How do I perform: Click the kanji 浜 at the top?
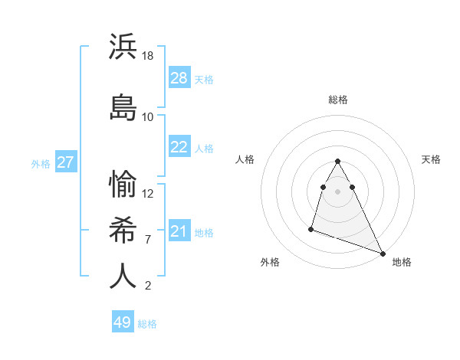tap(123, 46)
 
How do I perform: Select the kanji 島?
tap(123, 106)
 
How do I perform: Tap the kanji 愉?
tap(123, 183)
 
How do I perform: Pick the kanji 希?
tap(123, 229)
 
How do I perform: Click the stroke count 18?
tap(148, 57)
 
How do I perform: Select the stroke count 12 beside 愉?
tap(148, 194)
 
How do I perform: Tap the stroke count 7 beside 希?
tap(148, 240)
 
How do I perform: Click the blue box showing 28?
tap(179, 78)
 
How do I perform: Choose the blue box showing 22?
tap(179, 147)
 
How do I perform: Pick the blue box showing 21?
tap(179, 232)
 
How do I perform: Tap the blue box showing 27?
tap(66, 162)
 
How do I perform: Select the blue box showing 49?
tap(123, 322)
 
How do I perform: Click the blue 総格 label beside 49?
tap(147, 324)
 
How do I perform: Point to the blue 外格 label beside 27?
tap(41, 163)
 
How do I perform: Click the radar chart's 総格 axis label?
tap(338, 100)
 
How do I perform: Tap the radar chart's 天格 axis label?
tap(432, 159)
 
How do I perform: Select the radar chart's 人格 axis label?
tap(245, 159)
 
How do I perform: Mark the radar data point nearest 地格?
tap(383, 254)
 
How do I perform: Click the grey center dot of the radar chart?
tap(338, 191)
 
